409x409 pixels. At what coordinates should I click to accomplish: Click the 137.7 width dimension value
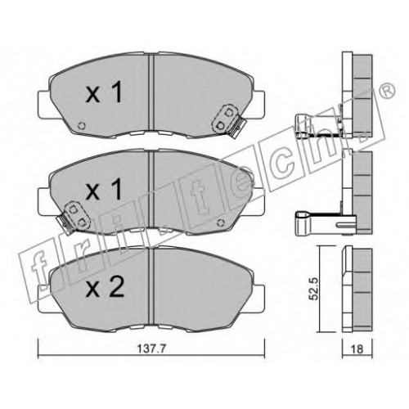tap(151, 349)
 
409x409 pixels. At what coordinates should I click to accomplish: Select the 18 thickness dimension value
tap(357, 349)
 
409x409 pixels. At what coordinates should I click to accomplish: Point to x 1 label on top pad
tap(104, 92)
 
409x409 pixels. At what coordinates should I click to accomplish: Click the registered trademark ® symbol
tap(387, 92)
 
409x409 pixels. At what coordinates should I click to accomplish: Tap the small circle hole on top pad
tap(82, 126)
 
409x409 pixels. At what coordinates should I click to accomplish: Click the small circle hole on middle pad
tap(220, 223)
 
